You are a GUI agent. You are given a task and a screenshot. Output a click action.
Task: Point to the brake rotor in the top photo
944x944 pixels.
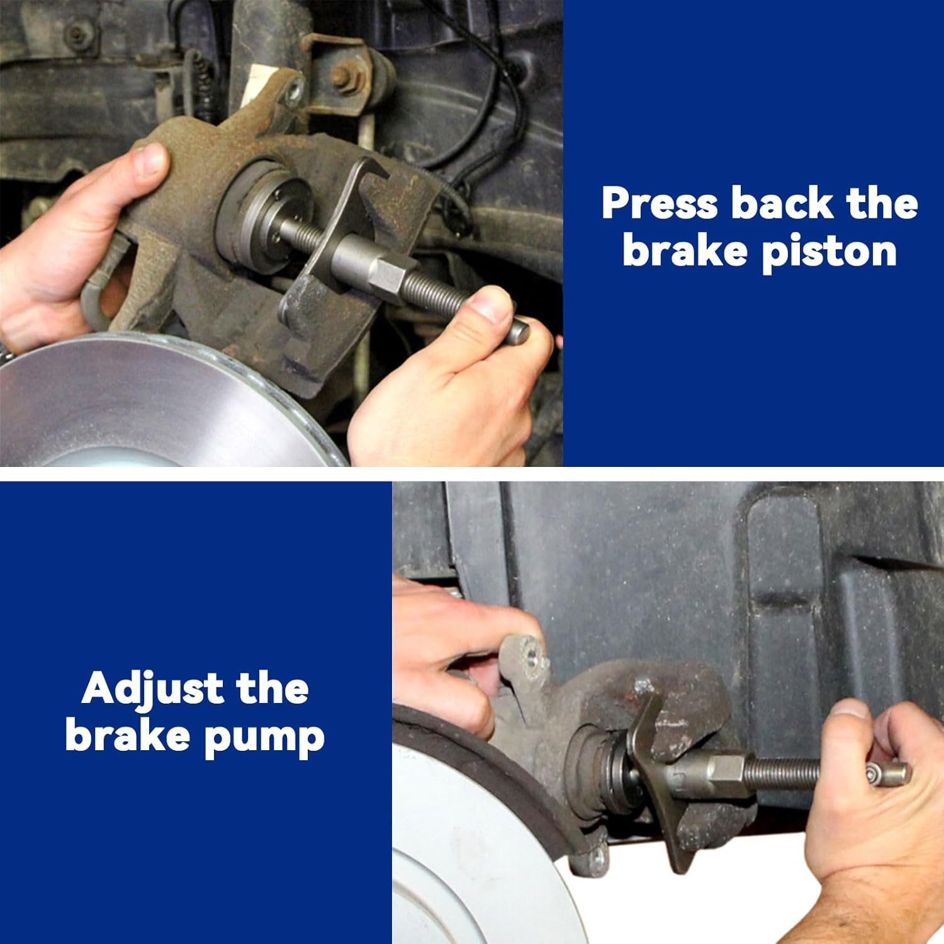151,403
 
